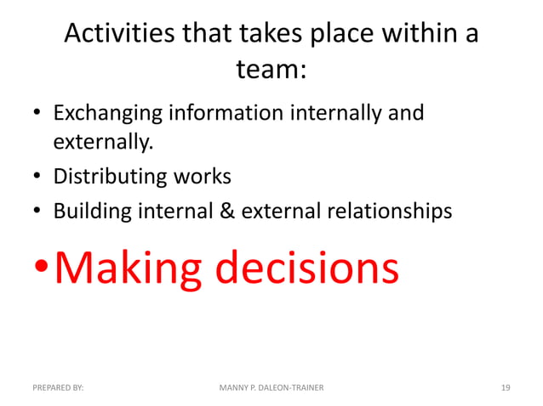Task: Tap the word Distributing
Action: tap(110, 177)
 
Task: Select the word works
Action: tap(201, 177)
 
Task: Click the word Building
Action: tap(89, 211)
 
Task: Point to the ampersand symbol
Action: tap(227, 211)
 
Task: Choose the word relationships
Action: tap(388, 211)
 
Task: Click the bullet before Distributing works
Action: tap(38, 178)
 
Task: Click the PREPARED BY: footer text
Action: tap(58, 387)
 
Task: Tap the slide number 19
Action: tap(506, 387)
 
